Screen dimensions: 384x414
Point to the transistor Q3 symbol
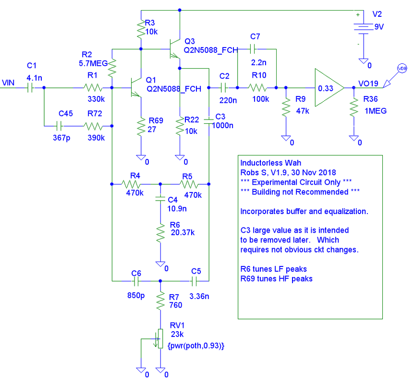tap(173, 49)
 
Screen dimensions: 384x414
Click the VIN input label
tap(9, 83)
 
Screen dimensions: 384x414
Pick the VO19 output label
tap(368, 84)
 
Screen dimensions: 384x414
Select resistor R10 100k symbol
tap(257, 88)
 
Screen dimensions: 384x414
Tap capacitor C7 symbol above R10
tap(253, 48)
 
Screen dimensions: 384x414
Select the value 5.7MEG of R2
tap(89, 62)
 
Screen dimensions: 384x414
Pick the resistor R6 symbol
tap(160, 232)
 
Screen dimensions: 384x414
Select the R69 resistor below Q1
tap(141, 128)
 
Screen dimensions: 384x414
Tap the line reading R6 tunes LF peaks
tap(273, 269)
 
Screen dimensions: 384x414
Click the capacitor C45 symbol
tap(59, 126)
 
